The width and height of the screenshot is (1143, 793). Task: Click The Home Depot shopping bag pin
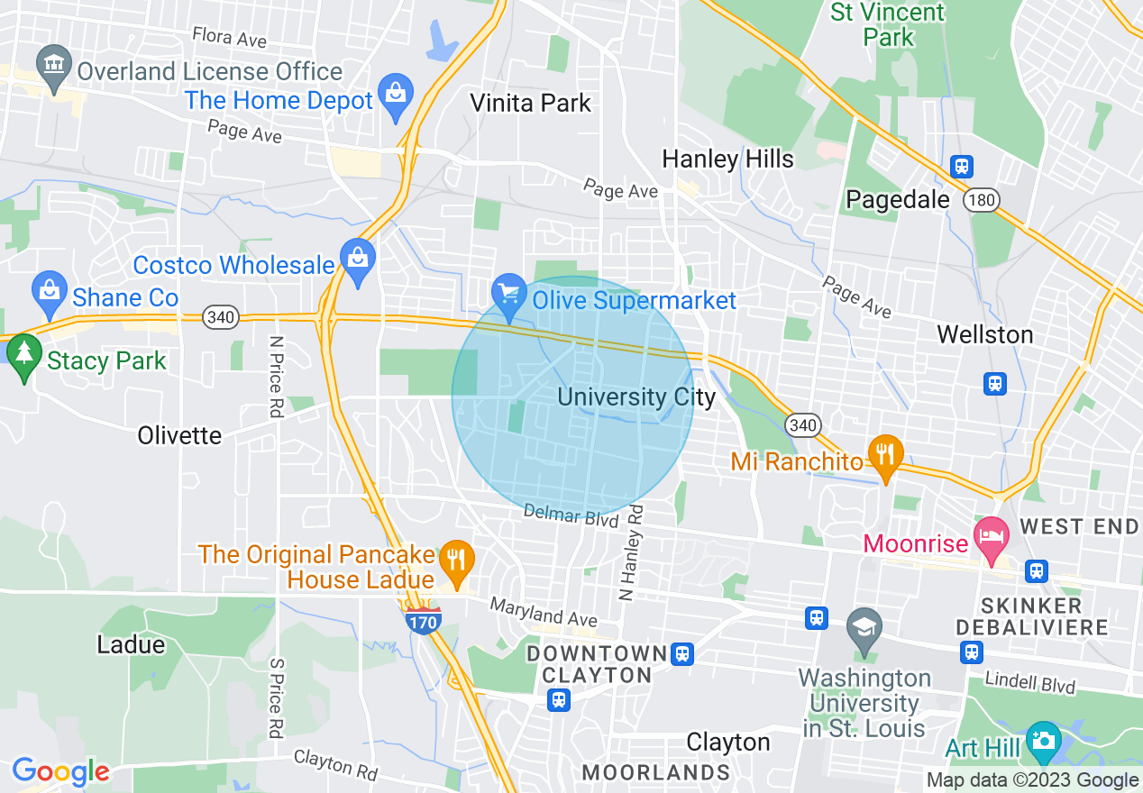pyautogui.click(x=396, y=95)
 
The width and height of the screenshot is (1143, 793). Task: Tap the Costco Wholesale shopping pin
pyautogui.click(x=358, y=260)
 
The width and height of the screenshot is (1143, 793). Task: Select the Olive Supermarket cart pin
pyautogui.click(x=509, y=295)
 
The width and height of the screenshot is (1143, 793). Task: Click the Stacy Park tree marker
pyautogui.click(x=22, y=355)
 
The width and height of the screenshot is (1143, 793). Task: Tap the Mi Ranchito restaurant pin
pyautogui.click(x=885, y=455)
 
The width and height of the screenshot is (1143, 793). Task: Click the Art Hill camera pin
pyautogui.click(x=1044, y=741)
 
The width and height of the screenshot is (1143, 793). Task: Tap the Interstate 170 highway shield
pyautogui.click(x=424, y=620)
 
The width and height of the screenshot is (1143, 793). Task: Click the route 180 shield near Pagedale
pyautogui.click(x=981, y=200)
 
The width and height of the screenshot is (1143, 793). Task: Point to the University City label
pyautogui.click(x=636, y=396)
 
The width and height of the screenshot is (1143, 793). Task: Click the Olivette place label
pyautogui.click(x=179, y=435)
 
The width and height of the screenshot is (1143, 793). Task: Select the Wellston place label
pyautogui.click(x=984, y=334)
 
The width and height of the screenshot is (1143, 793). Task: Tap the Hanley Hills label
pyautogui.click(x=727, y=160)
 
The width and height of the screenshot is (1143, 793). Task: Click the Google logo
pyautogui.click(x=60, y=771)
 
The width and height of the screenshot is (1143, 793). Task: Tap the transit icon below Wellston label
pyautogui.click(x=994, y=383)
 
